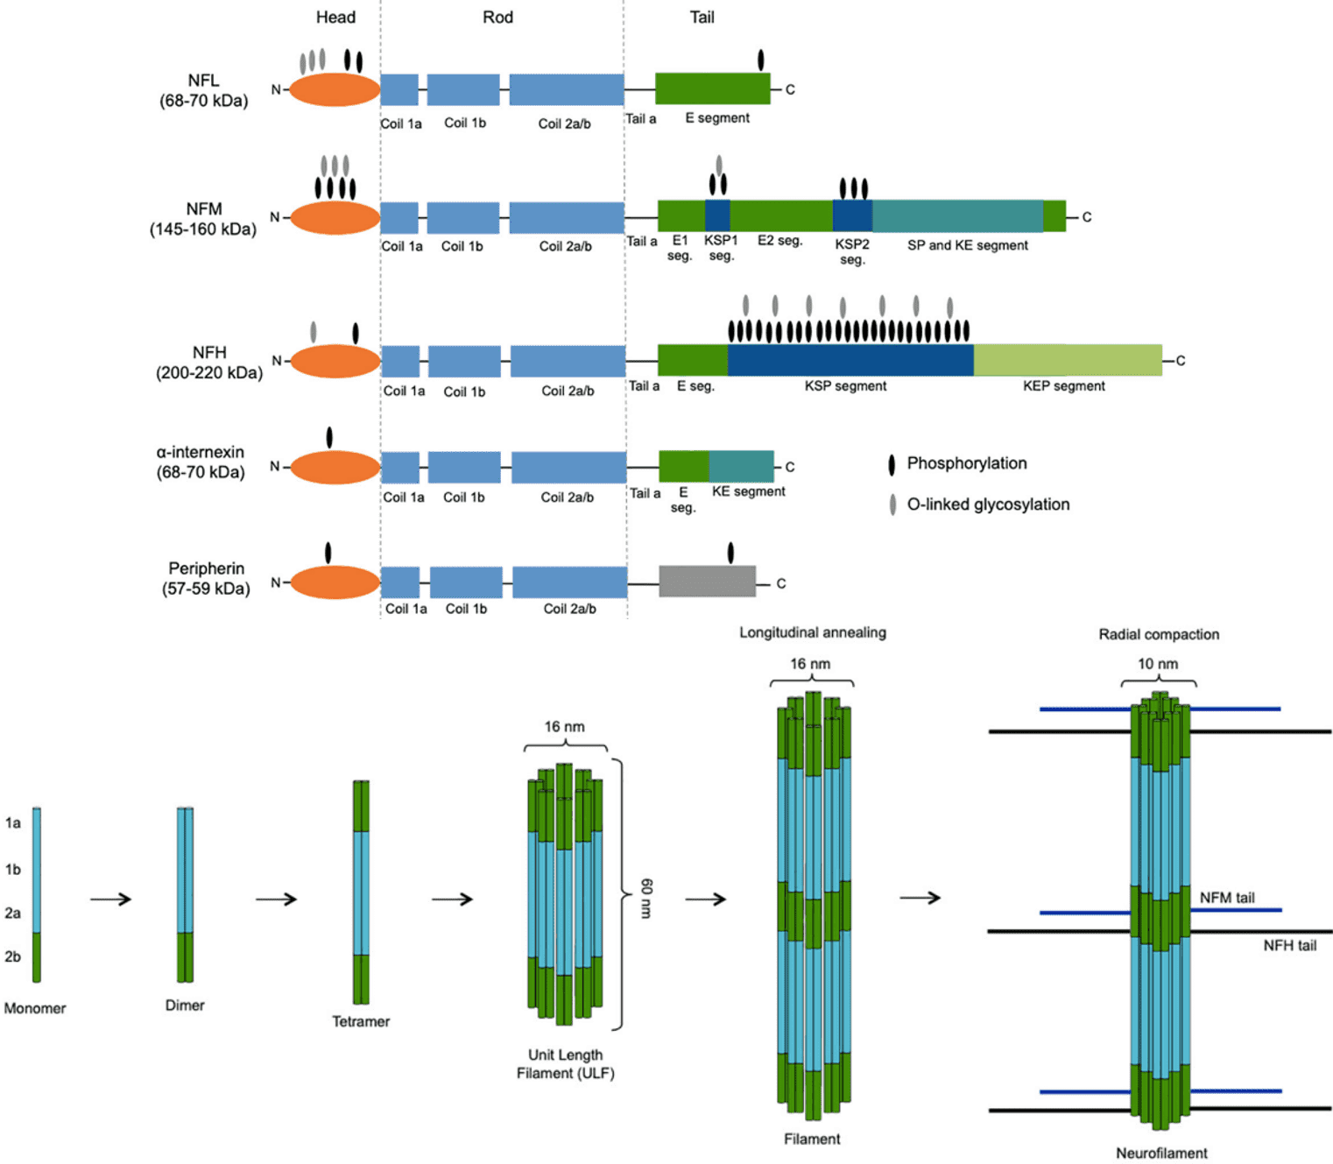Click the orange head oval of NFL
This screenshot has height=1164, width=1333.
(x=335, y=89)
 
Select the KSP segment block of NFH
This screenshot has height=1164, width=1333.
(x=850, y=360)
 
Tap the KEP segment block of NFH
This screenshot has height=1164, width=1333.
(x=1068, y=360)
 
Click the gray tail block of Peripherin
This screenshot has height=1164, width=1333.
(x=707, y=582)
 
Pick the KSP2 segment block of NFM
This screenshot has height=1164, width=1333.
(x=851, y=216)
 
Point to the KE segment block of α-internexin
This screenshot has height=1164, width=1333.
(x=741, y=467)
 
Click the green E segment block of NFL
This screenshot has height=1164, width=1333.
(x=712, y=88)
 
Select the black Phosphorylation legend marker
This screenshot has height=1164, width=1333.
(x=892, y=464)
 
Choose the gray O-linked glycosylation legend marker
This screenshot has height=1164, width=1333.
(x=892, y=504)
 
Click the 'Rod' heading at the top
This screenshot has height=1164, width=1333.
(x=497, y=18)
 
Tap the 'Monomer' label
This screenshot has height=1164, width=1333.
(x=35, y=1008)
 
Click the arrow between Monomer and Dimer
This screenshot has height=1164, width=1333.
(x=110, y=899)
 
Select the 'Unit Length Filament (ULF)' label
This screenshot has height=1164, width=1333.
(x=565, y=1064)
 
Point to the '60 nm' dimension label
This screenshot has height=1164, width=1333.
(x=646, y=898)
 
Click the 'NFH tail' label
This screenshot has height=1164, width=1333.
(x=1289, y=945)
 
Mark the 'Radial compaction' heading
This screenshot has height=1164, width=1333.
(x=1158, y=634)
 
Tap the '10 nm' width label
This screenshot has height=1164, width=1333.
(x=1157, y=664)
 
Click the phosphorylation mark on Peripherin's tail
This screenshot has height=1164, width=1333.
(x=730, y=553)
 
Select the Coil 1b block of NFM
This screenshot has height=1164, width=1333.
(x=462, y=217)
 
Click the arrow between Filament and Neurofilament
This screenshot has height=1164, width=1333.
(x=920, y=898)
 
